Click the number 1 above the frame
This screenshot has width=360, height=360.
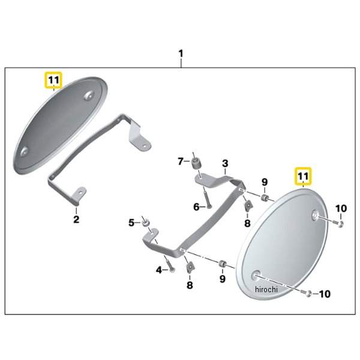pos(181,54)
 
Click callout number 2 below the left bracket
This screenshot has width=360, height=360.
pos(76,219)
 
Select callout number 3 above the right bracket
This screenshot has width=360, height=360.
pos(225,163)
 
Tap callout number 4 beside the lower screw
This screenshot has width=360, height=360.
pos(159,270)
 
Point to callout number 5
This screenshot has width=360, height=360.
pos(131,223)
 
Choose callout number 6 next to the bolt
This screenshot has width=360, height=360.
pos(196,207)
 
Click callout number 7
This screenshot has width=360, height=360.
pos(181,161)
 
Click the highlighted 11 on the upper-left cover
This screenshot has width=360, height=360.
pos(54,80)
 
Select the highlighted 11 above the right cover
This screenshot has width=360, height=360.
pos(303,176)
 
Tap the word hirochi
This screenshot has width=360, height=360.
pos(266,290)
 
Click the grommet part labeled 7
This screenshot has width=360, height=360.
pos(196,164)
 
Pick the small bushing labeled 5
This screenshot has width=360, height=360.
pos(146,223)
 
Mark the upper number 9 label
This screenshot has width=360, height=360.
pos(265,182)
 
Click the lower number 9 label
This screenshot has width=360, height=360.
pos(223,279)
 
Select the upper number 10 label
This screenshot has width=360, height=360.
pos(341,208)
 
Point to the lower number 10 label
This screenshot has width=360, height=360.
pos(325,294)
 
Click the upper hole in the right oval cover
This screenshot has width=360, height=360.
pos(316,215)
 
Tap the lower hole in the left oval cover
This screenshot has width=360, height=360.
pos(24,152)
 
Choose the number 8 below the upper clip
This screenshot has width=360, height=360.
pos(247,223)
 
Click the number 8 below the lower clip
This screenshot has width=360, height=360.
pos(190,285)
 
